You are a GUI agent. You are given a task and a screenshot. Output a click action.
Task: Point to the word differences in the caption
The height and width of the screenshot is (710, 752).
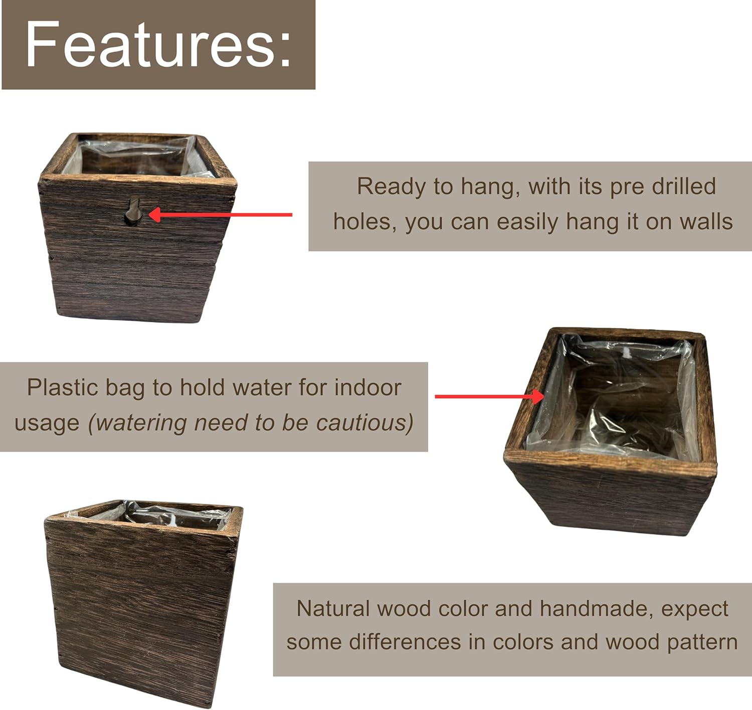(x=405, y=642)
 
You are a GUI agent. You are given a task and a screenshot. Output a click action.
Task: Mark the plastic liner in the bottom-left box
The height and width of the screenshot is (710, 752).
(x=170, y=515)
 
